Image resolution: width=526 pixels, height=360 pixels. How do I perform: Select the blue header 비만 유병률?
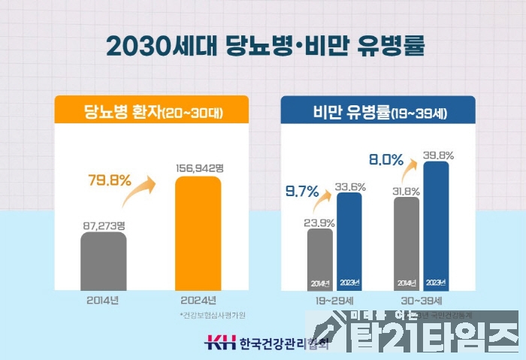click(379, 113)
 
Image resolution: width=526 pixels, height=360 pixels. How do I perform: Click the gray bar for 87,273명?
click(103, 260)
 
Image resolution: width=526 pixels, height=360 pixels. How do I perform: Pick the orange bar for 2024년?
click(198, 233)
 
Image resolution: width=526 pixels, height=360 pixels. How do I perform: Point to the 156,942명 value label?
click(198, 168)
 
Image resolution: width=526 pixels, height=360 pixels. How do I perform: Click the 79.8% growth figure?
click(110, 180)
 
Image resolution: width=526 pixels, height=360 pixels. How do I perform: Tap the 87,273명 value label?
click(103, 223)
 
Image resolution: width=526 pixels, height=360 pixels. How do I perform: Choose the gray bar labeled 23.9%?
click(320, 257)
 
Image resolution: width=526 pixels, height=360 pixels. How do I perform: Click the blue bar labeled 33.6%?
click(349, 241)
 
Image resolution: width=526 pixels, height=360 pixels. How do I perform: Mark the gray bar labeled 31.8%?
click(407, 242)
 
